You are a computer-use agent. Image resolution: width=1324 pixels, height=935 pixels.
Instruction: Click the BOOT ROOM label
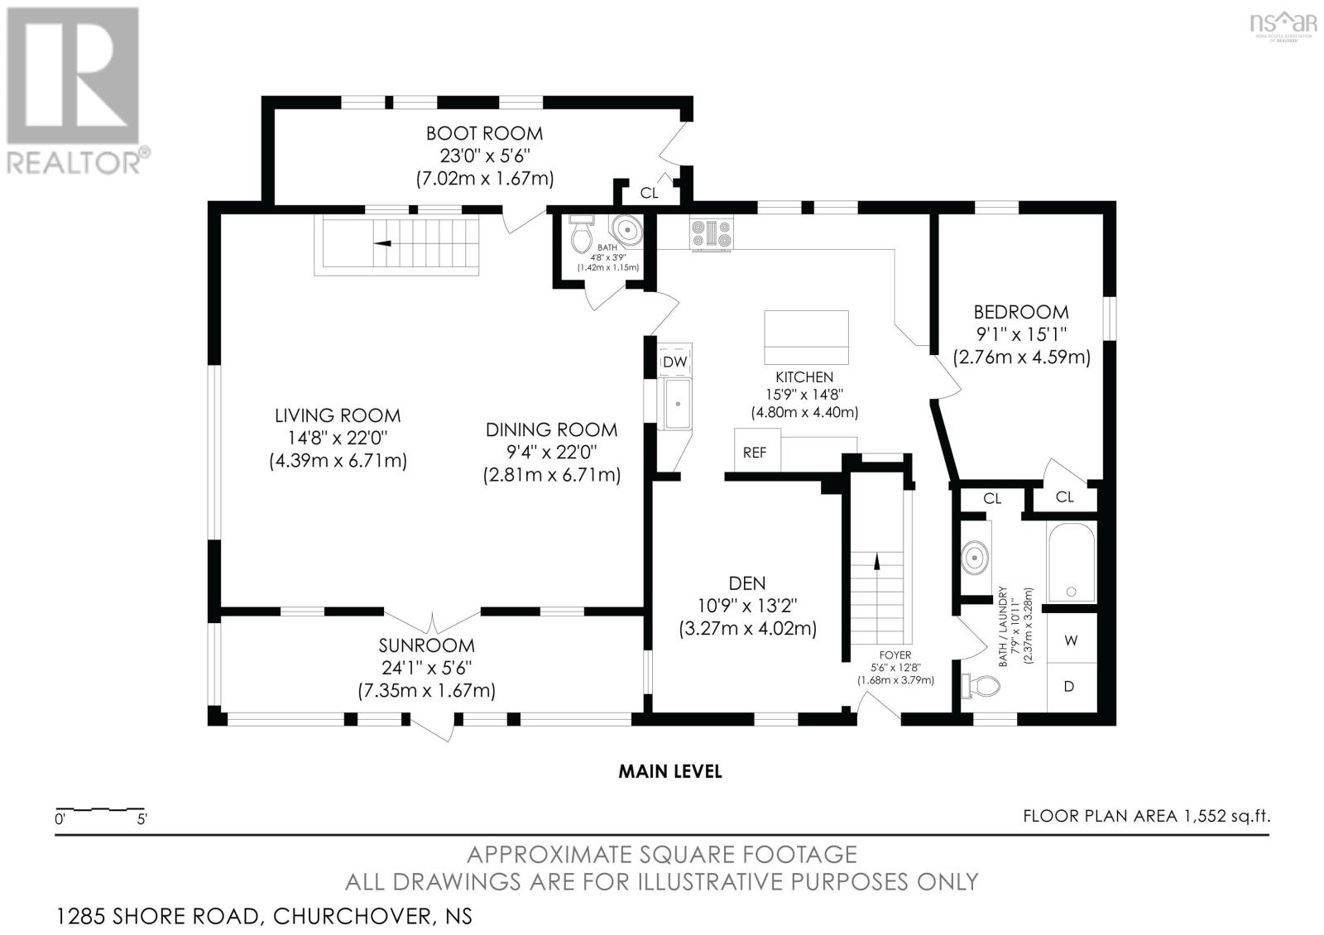click(484, 133)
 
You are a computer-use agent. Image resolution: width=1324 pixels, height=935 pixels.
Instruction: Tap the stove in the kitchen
click(712, 233)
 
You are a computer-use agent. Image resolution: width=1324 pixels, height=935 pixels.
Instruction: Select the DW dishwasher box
click(675, 361)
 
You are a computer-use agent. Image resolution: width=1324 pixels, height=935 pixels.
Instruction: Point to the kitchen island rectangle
click(806, 338)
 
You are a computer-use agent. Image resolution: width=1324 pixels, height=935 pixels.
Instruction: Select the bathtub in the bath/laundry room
click(1071, 562)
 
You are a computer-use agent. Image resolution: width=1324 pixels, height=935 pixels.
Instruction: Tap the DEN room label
click(747, 583)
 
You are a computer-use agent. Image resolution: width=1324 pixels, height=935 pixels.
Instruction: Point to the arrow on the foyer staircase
click(877, 561)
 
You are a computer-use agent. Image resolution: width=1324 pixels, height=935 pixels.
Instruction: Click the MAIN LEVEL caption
click(670, 771)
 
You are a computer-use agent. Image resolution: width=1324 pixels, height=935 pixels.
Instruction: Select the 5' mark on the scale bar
click(142, 820)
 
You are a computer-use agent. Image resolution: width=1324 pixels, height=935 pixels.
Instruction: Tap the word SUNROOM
click(427, 645)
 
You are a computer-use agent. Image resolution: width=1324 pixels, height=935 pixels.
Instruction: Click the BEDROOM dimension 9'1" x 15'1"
click(1021, 334)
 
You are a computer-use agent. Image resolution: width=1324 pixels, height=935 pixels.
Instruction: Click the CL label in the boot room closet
click(649, 193)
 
